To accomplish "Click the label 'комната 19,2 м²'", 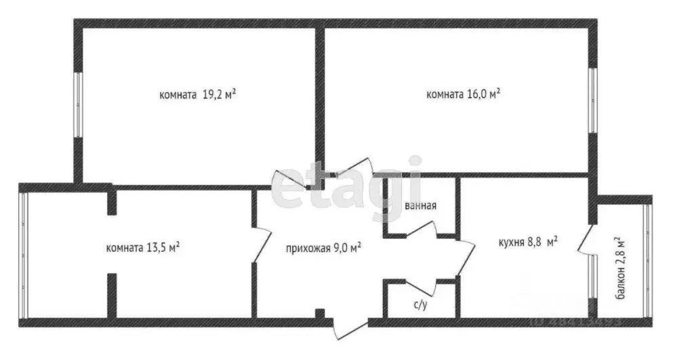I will (x=197, y=96).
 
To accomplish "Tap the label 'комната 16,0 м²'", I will (x=463, y=94).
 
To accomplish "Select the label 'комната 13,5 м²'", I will (x=143, y=247).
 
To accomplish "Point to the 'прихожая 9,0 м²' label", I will (x=323, y=247).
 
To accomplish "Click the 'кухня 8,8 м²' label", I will (x=528, y=241).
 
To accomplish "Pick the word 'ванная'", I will (x=420, y=205).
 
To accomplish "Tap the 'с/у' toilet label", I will (x=420, y=305).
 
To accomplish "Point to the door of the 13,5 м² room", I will (x=260, y=245).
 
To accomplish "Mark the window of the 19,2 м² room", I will (x=78, y=105).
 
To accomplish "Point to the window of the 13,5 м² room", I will (x=23, y=255).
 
